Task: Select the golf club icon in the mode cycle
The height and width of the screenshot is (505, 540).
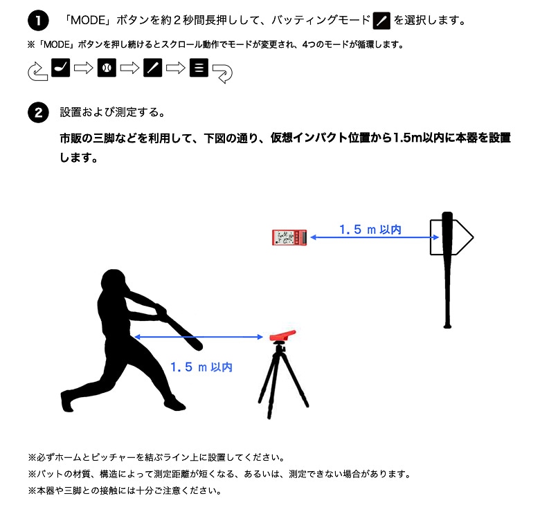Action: tap(61, 69)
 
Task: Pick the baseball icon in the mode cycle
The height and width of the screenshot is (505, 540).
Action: tap(107, 69)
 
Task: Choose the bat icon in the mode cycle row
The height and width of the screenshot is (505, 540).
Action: tap(152, 69)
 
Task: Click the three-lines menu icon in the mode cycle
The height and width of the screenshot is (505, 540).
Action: tap(199, 69)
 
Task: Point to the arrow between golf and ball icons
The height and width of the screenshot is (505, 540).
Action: tap(84, 69)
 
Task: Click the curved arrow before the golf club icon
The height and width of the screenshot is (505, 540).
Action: tap(36, 71)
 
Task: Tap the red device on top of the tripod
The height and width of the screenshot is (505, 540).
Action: tap(285, 337)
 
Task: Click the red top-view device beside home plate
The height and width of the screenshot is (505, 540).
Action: tap(290, 237)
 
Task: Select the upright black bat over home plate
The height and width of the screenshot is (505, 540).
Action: tap(448, 270)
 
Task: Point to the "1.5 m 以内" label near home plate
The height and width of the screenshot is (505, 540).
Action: tap(370, 229)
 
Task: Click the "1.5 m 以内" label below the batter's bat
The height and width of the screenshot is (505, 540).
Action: tap(201, 367)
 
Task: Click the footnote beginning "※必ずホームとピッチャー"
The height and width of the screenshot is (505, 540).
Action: tap(156, 457)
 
